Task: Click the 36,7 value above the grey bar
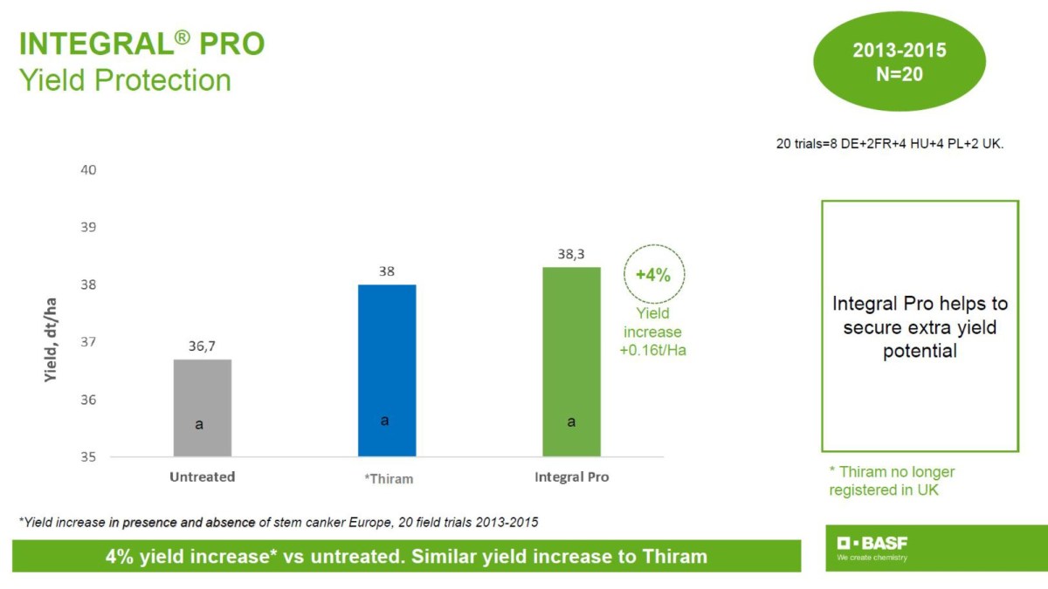coord(203,346)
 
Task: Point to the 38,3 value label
coord(571,254)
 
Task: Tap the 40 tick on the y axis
coord(89,169)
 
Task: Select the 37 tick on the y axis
coord(89,342)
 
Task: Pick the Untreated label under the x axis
coord(203,477)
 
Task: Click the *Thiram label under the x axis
coord(388,478)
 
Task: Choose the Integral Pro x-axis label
coord(571,477)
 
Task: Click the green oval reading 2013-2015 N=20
coord(899,62)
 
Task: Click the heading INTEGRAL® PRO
coord(141,44)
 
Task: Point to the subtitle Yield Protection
coord(125,80)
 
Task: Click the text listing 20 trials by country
coord(890,144)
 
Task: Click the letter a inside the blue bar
coord(384,421)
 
